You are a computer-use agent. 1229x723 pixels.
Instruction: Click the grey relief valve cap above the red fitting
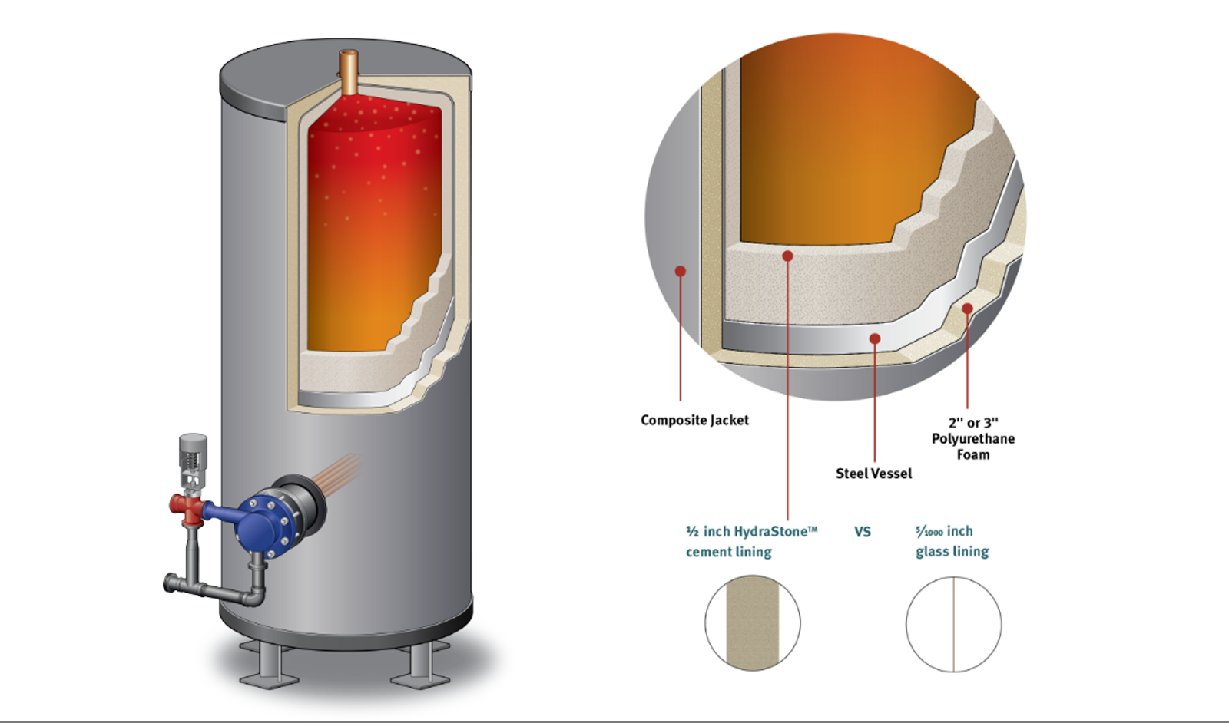(x=193, y=449)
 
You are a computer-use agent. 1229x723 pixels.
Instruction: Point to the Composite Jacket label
(x=694, y=420)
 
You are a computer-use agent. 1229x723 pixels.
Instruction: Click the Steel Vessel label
(x=873, y=474)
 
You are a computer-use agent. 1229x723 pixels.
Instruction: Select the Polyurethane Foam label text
(x=972, y=438)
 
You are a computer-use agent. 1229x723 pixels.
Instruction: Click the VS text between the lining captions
(x=863, y=531)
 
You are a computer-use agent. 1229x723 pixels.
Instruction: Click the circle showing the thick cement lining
(x=753, y=623)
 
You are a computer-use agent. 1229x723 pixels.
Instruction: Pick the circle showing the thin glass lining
(x=953, y=623)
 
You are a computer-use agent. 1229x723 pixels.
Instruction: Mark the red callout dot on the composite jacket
(x=680, y=271)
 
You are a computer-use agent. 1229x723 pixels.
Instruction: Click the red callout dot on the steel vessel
(x=874, y=338)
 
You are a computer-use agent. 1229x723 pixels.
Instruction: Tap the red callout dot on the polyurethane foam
(x=967, y=309)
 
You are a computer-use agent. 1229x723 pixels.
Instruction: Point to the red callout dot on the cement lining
(x=787, y=256)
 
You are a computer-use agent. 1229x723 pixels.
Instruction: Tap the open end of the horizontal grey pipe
(x=168, y=584)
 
